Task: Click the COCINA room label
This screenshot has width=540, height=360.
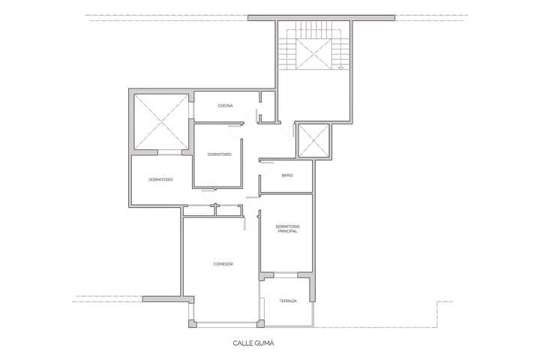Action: (x=226, y=106)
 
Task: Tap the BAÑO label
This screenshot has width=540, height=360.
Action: (x=287, y=175)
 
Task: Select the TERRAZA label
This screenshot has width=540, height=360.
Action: (x=288, y=301)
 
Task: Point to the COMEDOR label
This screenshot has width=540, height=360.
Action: (x=223, y=264)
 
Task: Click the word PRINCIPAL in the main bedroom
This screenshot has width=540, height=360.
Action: (x=287, y=231)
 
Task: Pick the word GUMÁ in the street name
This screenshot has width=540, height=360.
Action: (x=265, y=343)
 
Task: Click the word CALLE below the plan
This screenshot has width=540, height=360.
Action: (x=243, y=343)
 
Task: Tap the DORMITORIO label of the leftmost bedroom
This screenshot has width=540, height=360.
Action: (x=160, y=179)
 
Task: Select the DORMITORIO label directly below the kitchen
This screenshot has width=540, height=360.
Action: (x=219, y=154)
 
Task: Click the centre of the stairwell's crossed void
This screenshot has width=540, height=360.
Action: (x=313, y=54)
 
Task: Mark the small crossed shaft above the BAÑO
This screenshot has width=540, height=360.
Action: (x=313, y=140)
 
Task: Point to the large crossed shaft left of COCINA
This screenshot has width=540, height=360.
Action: (x=160, y=122)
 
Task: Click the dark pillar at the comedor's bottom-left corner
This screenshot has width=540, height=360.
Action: (x=193, y=323)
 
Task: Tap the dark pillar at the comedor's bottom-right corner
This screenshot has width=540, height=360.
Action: (x=261, y=323)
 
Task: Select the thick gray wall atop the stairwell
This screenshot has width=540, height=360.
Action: (x=321, y=18)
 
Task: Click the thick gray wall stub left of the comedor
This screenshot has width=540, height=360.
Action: (x=168, y=299)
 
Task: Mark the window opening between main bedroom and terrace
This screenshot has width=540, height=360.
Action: (x=286, y=275)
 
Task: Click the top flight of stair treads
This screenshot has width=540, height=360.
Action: (x=313, y=30)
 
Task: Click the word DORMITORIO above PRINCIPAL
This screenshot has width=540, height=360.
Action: (x=287, y=226)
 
